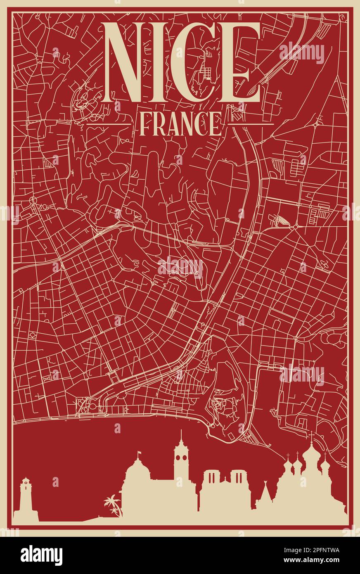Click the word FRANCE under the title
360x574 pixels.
(x=180, y=124)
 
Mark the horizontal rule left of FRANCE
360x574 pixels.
(x=108, y=124)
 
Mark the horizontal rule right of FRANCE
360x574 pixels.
(x=251, y=124)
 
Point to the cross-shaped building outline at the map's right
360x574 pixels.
(x=324, y=265)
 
